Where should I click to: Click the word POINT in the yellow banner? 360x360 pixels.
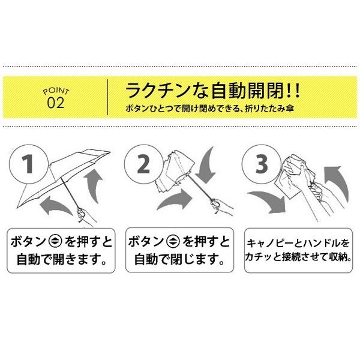[x=57, y=91]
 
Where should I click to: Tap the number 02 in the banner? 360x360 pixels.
[x=55, y=103]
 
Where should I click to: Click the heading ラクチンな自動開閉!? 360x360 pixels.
[x=212, y=93]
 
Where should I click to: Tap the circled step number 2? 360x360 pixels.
[x=142, y=163]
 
